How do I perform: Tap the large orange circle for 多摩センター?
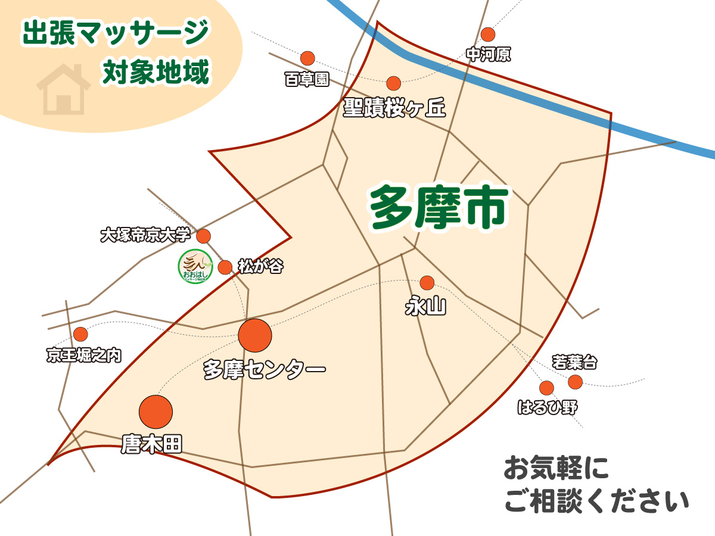coord(255,335)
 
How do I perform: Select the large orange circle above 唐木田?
coord(156,412)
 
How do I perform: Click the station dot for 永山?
coord(427,282)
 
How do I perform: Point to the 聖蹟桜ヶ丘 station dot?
coord(394,83)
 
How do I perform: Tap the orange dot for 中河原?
coord(489,34)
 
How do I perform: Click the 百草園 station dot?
coord(307,58)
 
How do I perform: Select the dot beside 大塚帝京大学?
coord(203,236)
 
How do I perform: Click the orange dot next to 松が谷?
coord(225,267)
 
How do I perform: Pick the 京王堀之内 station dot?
coord(80,334)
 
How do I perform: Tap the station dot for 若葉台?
coord(575,382)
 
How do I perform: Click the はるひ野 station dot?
coord(546,388)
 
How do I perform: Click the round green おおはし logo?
coord(196,266)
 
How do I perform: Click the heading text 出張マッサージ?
coord(116,33)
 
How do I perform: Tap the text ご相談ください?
coord(596,501)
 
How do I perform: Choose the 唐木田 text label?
coord(151,444)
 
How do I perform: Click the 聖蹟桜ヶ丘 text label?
coord(394,108)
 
